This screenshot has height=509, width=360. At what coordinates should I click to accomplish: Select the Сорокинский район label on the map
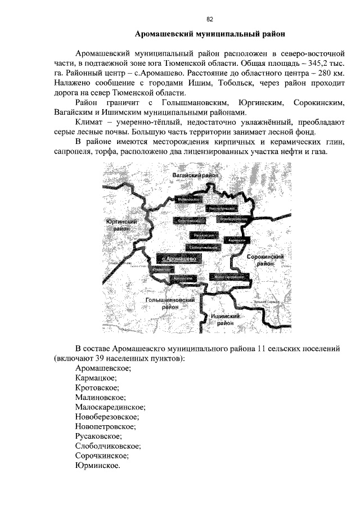[265, 259]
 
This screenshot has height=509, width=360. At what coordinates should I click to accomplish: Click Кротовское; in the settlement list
[98, 388]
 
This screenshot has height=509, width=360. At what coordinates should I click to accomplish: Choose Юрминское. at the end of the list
[97, 465]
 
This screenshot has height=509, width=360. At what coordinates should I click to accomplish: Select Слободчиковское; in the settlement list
[107, 446]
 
